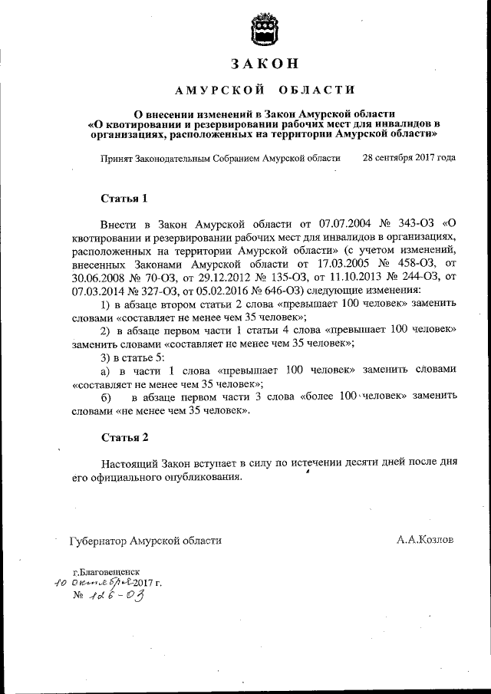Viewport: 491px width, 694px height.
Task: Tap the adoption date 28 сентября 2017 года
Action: pyautogui.click(x=409, y=157)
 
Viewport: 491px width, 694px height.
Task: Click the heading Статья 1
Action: pyautogui.click(x=124, y=199)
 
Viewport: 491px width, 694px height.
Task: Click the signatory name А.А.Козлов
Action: pyautogui.click(x=425, y=540)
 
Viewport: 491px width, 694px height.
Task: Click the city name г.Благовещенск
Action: pyautogui.click(x=106, y=572)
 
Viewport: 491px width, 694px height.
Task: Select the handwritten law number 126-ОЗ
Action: pyautogui.click(x=115, y=596)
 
